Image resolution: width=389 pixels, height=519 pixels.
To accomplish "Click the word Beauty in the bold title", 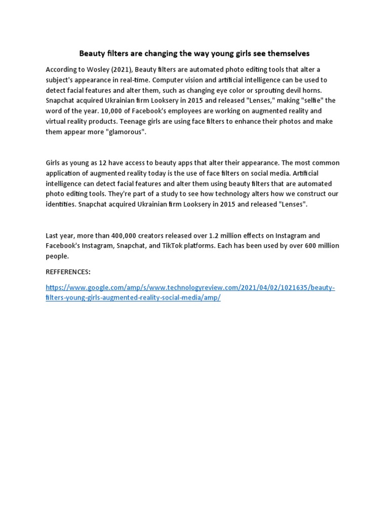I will (91, 53).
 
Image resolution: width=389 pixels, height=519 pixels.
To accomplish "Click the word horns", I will (317, 90).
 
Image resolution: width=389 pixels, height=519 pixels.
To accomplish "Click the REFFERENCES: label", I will (68, 272).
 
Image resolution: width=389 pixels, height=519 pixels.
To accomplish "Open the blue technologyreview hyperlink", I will (190, 288).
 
